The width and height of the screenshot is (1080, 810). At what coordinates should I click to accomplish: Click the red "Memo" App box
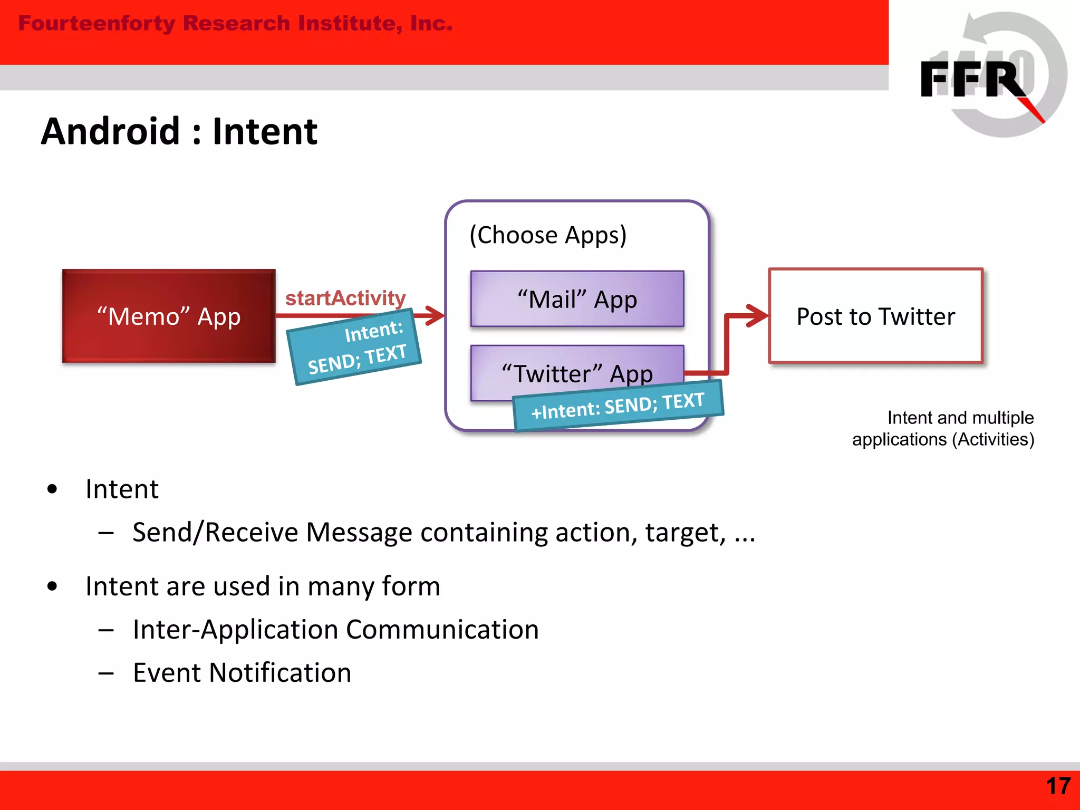(169, 316)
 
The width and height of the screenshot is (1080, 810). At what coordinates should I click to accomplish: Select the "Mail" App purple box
(577, 299)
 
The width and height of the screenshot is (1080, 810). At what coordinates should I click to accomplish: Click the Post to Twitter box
(875, 316)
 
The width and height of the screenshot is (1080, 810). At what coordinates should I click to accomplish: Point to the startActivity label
(345, 298)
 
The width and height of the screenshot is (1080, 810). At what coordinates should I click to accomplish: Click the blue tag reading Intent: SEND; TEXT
(354, 348)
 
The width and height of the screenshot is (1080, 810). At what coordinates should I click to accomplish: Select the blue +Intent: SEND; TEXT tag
(618, 406)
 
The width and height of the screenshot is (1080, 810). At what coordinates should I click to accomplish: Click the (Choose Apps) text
(548, 235)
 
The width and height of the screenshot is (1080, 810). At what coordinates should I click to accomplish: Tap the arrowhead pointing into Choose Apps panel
(436, 316)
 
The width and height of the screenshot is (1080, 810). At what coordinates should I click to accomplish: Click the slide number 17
(1058, 786)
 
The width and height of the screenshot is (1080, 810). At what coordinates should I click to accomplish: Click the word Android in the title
(111, 131)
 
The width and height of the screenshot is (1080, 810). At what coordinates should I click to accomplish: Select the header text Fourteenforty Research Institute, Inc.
(235, 23)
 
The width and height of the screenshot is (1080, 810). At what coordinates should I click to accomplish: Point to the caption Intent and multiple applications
(944, 428)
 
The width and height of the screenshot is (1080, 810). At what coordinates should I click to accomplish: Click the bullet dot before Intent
(52, 489)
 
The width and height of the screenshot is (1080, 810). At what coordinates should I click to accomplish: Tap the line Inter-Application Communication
(335, 630)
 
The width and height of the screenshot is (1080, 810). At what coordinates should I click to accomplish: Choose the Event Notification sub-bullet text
(242, 673)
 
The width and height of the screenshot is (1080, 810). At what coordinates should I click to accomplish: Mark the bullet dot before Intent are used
(52, 586)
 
